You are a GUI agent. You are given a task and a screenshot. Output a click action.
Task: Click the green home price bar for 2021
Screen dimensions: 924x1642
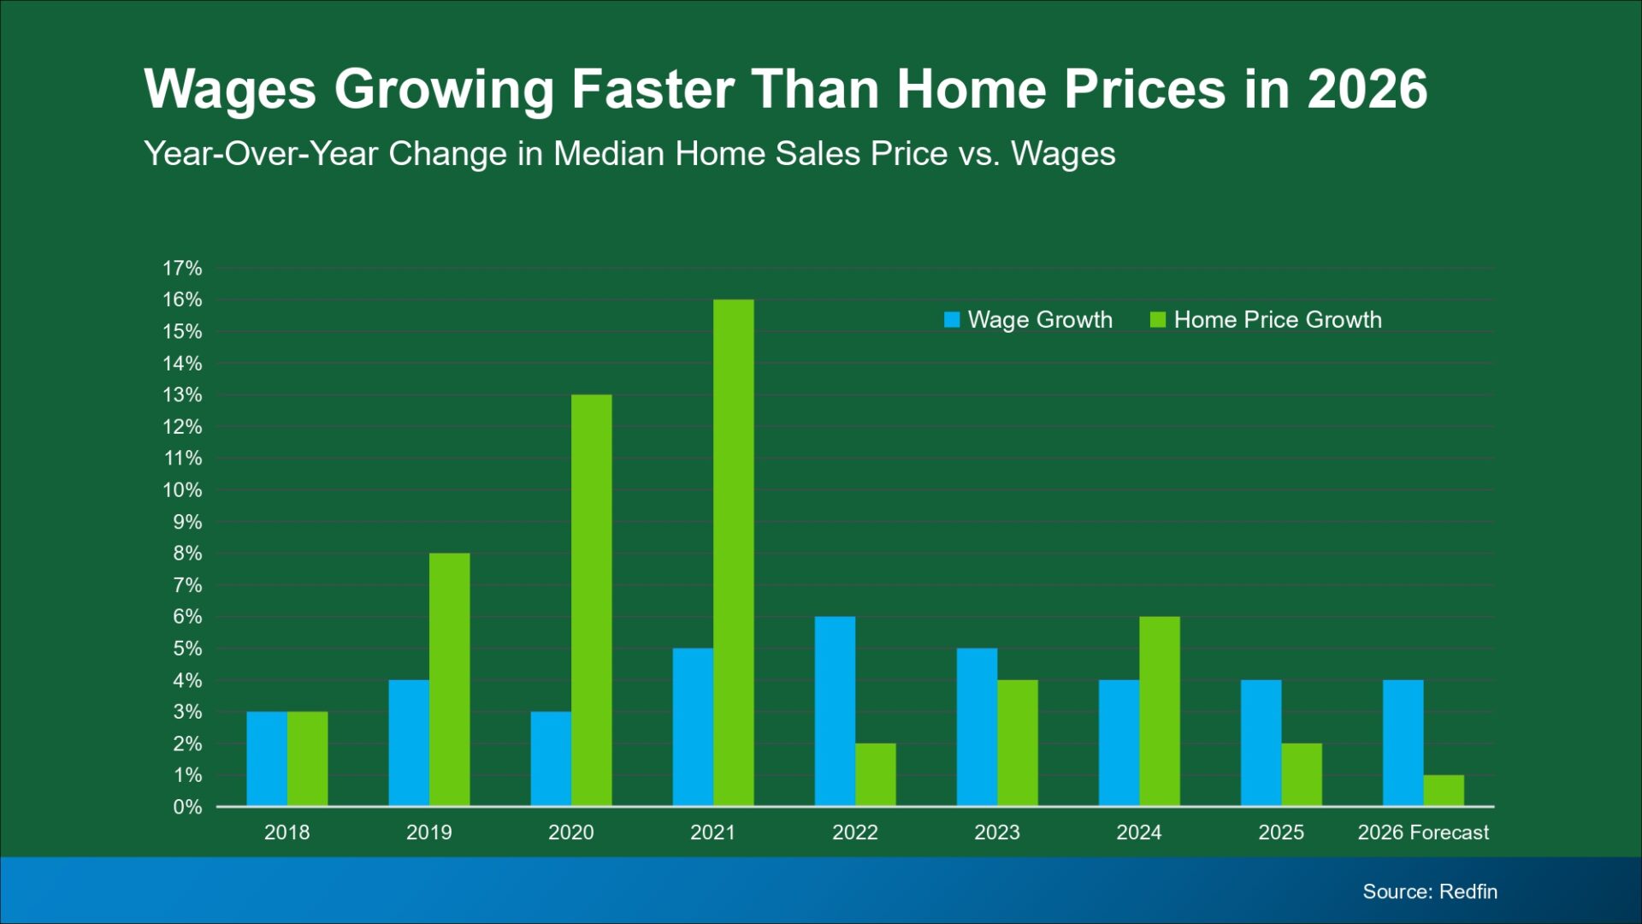(x=734, y=553)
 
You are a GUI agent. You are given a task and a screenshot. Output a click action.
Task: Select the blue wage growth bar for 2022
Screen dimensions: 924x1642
(x=835, y=711)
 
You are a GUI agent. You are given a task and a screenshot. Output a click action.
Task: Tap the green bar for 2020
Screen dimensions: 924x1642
(x=592, y=600)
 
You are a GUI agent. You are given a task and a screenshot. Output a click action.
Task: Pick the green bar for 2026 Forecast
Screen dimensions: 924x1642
(x=1444, y=791)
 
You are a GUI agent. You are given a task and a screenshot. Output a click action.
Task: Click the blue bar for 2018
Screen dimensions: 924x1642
(x=267, y=759)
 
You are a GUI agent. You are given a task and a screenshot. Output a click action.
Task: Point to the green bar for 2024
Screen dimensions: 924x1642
(x=1160, y=711)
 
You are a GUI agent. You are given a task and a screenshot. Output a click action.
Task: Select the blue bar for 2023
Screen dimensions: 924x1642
(x=977, y=727)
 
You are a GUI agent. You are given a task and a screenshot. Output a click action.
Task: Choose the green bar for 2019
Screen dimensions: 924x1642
(x=450, y=679)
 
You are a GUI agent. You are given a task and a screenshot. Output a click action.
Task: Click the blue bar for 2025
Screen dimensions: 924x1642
(x=1261, y=743)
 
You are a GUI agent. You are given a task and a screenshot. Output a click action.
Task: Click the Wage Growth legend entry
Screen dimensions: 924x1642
(x=1029, y=320)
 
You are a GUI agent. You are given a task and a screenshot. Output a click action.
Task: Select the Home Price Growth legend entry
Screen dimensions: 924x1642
(x=1267, y=320)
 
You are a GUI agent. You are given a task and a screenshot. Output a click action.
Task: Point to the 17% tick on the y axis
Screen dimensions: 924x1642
(x=182, y=269)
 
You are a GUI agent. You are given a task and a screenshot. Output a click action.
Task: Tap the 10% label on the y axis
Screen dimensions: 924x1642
(x=182, y=490)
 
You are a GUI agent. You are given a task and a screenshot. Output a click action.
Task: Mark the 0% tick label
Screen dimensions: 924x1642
(x=187, y=807)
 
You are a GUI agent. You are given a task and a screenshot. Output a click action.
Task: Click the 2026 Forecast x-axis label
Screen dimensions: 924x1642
(x=1423, y=832)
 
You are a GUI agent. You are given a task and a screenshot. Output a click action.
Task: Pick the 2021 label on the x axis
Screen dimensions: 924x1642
(x=712, y=832)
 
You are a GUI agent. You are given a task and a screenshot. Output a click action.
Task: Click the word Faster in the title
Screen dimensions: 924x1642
(x=653, y=89)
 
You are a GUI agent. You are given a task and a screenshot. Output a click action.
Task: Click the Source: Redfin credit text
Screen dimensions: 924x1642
(x=1430, y=891)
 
